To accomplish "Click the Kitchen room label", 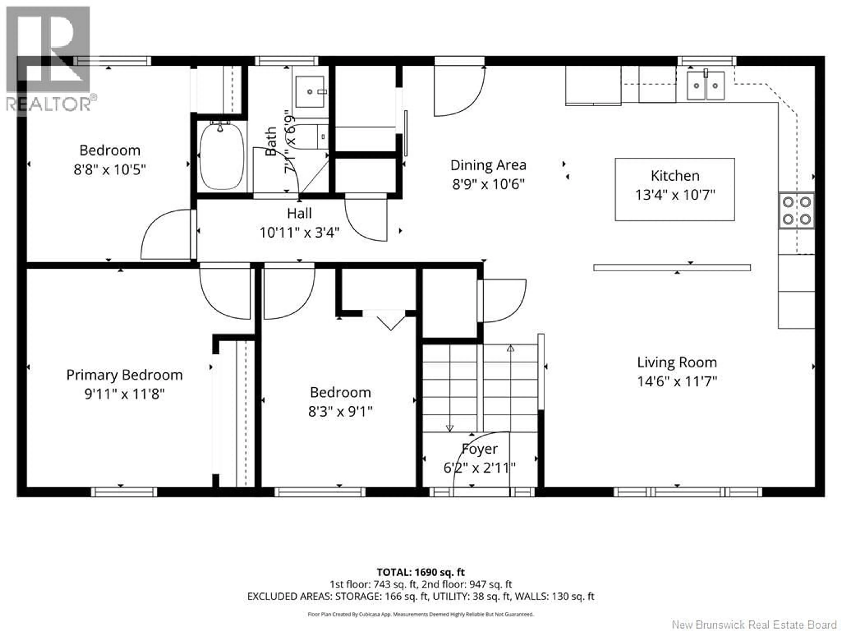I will (675, 176).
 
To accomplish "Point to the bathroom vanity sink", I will (310, 92).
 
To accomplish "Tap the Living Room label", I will (677, 362).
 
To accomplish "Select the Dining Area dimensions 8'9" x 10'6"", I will (488, 184).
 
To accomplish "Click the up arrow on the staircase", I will (511, 348).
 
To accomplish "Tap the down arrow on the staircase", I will (449, 428).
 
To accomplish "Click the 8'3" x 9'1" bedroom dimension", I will (340, 411).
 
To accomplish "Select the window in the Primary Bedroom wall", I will (124, 492).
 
